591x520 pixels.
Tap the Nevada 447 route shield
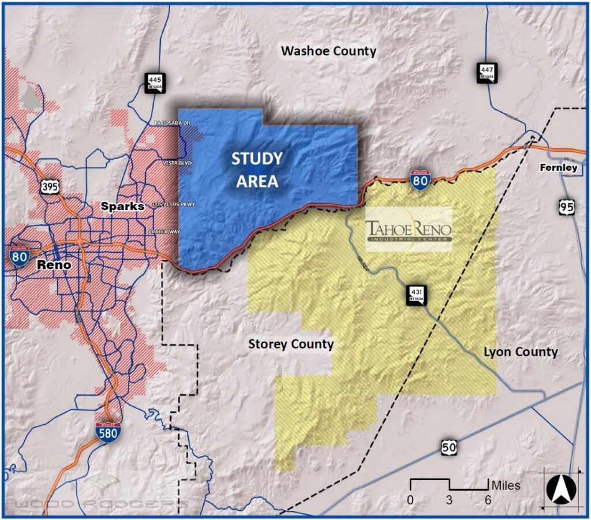(x=485, y=72)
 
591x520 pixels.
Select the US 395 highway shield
(x=48, y=186)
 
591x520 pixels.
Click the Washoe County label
(x=328, y=51)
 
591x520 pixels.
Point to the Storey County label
(x=291, y=344)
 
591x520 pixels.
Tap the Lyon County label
(x=521, y=351)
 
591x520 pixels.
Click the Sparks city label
(x=123, y=206)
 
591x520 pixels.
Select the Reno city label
(x=54, y=265)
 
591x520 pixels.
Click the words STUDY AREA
(x=257, y=170)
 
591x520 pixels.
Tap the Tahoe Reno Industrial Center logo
(x=409, y=230)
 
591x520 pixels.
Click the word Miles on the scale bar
(x=506, y=485)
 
